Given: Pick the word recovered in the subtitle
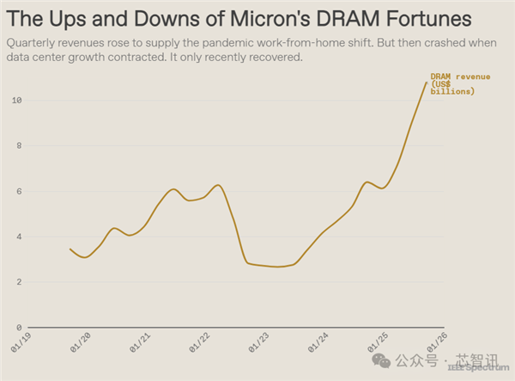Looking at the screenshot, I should (276, 57).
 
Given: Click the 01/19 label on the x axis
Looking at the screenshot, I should (23, 341).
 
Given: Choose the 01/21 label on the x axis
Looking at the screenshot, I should (142, 341).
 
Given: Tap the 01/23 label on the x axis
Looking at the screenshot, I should (260, 341).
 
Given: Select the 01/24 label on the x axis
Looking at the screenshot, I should (319, 341).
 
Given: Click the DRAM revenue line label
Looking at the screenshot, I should (460, 83).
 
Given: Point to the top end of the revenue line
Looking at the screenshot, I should (425, 83).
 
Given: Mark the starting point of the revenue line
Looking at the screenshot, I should (70, 249).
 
